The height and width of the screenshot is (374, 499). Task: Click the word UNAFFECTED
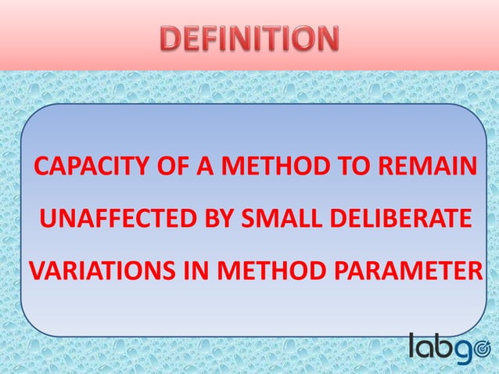[109, 219]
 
